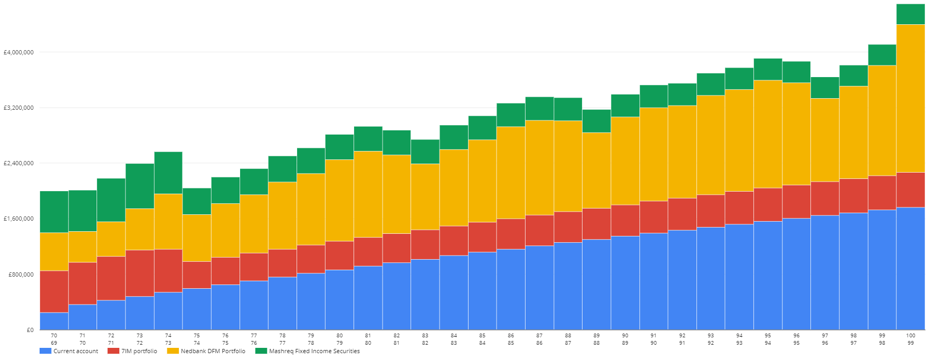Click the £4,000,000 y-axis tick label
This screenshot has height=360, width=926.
pyautogui.click(x=19, y=52)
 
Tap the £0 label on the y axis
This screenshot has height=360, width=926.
pyautogui.click(x=30, y=330)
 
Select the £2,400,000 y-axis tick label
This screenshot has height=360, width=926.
pyautogui.click(x=19, y=163)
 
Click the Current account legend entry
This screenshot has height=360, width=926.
pyautogui.click(x=69, y=351)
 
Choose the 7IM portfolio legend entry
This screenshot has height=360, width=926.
pyautogui.click(x=132, y=351)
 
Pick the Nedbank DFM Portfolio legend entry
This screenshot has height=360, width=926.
pyautogui.click(x=206, y=351)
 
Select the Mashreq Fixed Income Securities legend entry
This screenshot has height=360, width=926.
pyautogui.click(x=308, y=351)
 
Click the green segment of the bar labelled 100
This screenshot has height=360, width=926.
pyautogui.click(x=911, y=14)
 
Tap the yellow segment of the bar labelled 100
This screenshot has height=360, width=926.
pyautogui.click(x=911, y=98)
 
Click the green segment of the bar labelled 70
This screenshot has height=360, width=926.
pyautogui.click(x=54, y=212)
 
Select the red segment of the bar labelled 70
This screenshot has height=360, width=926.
pyautogui.click(x=54, y=291)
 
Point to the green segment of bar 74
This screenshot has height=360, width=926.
pyautogui.click(x=168, y=173)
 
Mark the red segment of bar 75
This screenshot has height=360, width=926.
pyautogui.click(x=197, y=274)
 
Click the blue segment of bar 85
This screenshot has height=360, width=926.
pyautogui.click(x=482, y=291)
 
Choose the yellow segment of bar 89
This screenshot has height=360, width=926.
pyautogui.click(x=596, y=170)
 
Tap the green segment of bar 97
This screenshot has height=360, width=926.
pyautogui.click(x=825, y=88)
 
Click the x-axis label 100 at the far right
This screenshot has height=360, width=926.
pyautogui.click(x=911, y=335)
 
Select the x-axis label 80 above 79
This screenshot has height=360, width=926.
pyautogui.click(x=339, y=335)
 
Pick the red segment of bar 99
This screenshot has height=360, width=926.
pyautogui.click(x=882, y=193)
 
